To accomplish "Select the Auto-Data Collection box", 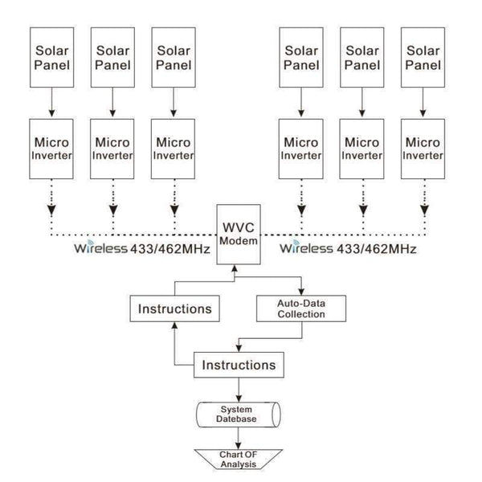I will tap(300, 308).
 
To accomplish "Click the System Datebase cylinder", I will tap(239, 415).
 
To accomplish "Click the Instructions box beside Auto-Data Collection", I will tap(174, 308).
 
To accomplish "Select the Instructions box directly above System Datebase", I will tap(239, 366).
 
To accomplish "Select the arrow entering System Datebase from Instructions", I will tap(239, 391).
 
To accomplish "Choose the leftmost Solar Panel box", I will tap(51, 57).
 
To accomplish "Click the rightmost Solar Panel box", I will tap(423, 57).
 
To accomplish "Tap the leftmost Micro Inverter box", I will tap(51, 148).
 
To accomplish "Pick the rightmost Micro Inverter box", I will tap(423, 148).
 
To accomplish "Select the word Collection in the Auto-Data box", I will tap(300, 314).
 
